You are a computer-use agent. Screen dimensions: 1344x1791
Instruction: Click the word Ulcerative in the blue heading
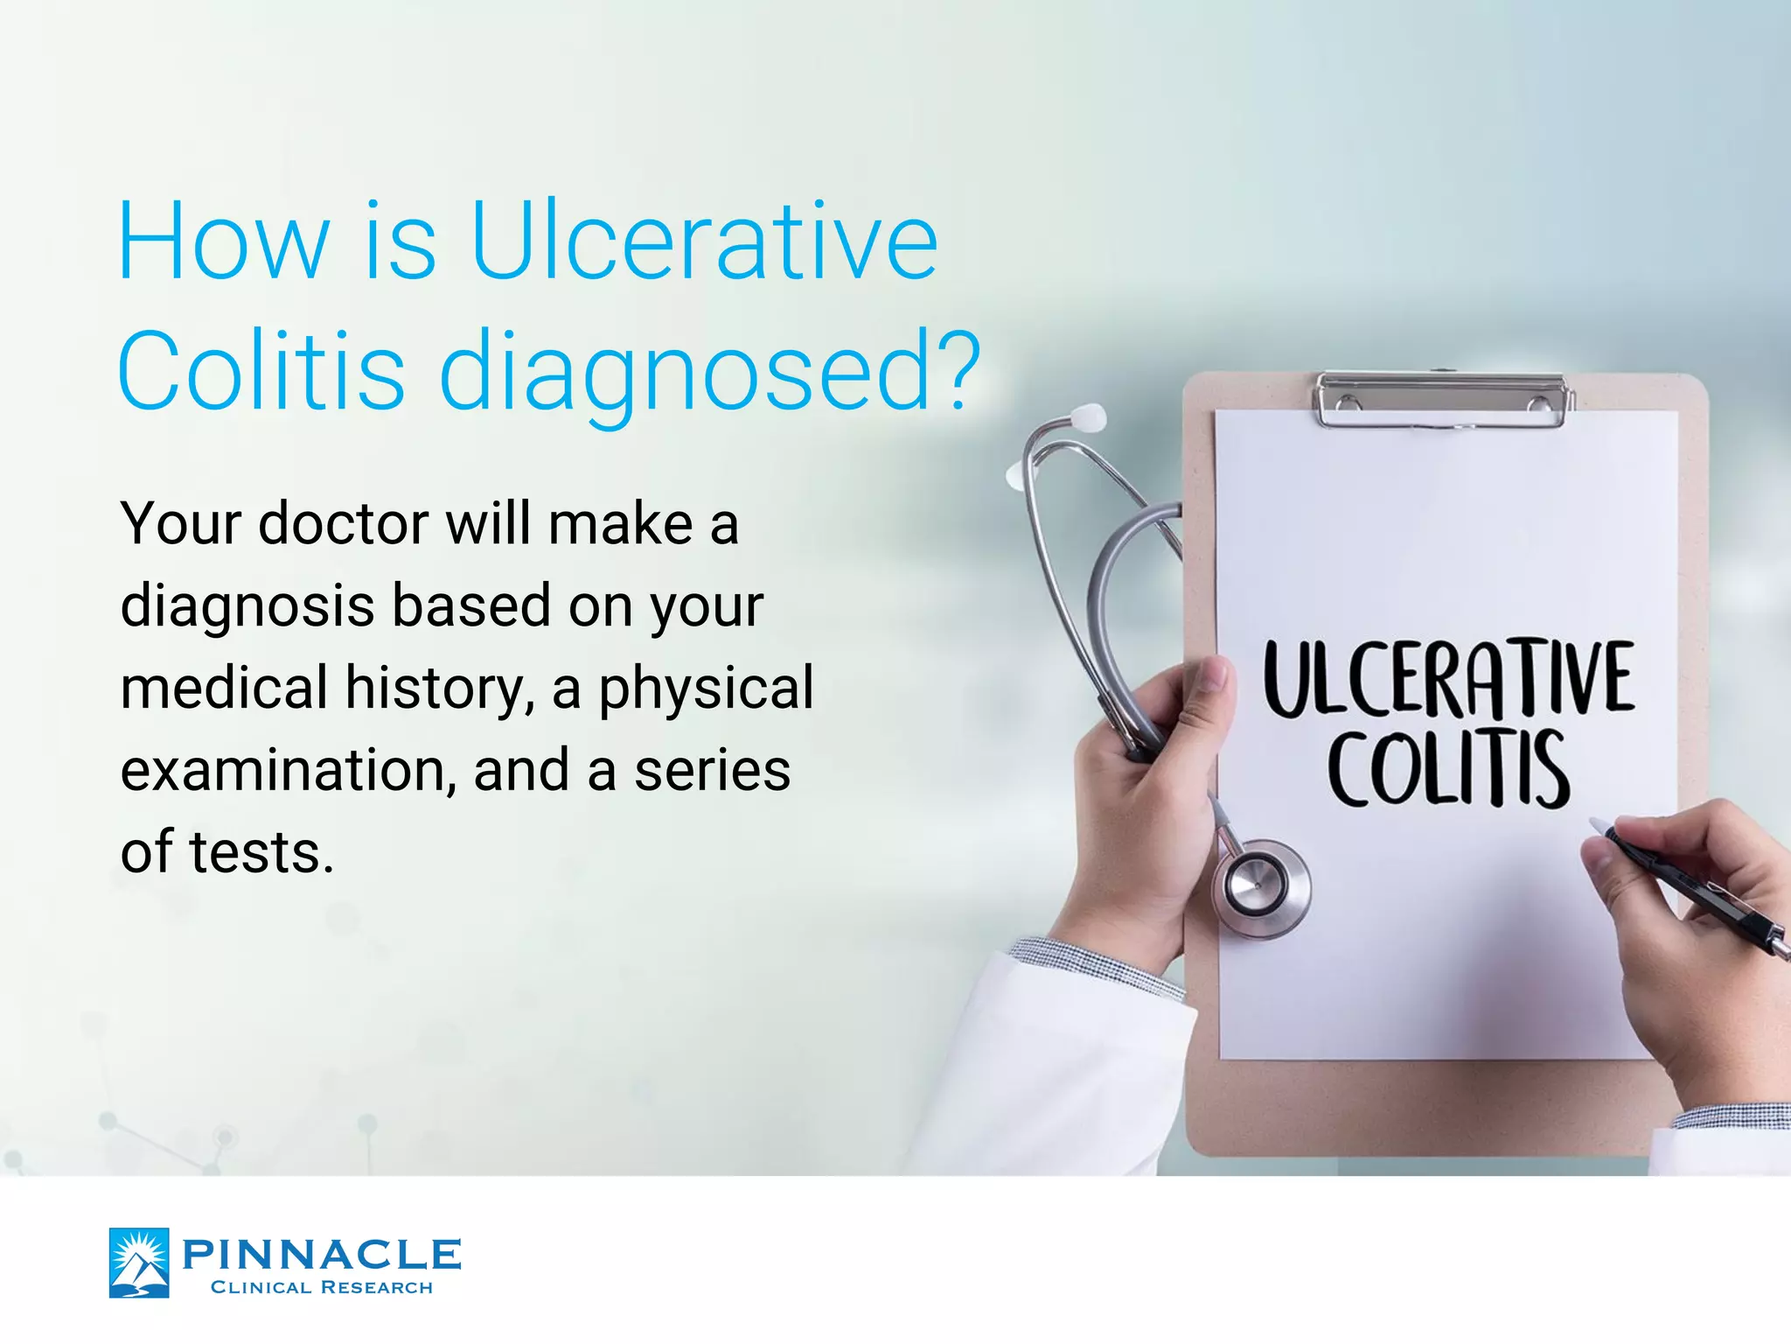704,241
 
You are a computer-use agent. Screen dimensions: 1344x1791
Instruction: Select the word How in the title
224,241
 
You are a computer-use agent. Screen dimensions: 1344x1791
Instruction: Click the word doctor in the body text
344,524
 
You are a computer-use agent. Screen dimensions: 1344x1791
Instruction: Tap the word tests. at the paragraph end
261,852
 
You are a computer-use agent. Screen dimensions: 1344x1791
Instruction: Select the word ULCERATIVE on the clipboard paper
1448,679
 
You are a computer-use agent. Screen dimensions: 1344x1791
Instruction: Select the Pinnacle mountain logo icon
139,1262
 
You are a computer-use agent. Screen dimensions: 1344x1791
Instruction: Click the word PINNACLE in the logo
321,1254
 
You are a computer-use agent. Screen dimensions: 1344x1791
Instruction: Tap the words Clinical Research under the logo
322,1287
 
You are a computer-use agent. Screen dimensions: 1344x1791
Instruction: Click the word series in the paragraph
712,770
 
